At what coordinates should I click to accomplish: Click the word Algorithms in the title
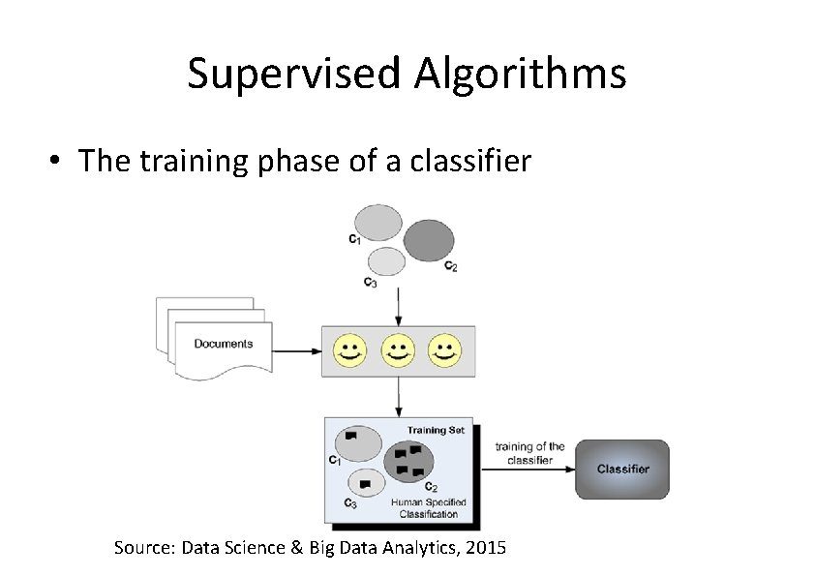[521, 74]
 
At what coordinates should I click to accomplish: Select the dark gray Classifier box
[622, 470]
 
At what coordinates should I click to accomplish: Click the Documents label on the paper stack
[223, 344]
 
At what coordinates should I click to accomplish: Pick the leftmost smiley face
[350, 350]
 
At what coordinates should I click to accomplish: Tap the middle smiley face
[398, 350]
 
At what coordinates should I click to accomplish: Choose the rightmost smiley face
[444, 350]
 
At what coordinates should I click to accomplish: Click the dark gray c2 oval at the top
[429, 240]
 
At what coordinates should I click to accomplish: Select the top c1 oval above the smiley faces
[378, 222]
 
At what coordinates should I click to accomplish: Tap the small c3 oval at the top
[386, 261]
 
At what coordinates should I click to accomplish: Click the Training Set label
[440, 430]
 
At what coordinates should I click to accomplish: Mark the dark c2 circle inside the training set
[410, 462]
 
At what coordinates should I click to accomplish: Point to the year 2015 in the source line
[486, 549]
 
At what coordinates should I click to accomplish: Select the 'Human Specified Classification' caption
[428, 508]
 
